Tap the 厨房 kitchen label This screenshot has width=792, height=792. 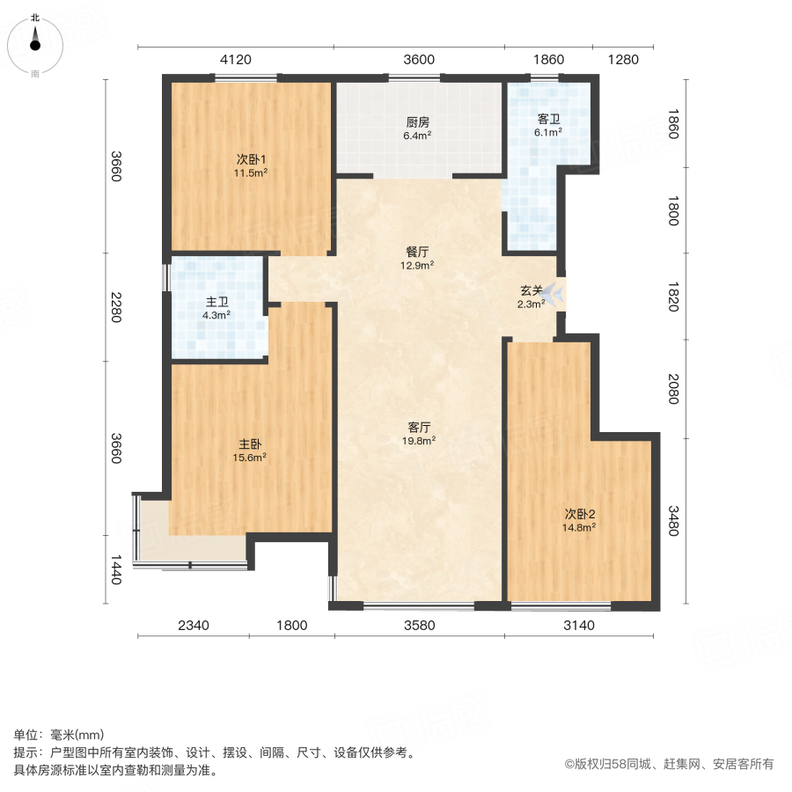coord(417,122)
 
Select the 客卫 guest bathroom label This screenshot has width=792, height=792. coord(549,118)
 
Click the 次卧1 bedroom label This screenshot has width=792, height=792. coord(251,159)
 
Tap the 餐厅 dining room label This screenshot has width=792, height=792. coord(417,251)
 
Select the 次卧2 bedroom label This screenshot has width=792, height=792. coord(581,514)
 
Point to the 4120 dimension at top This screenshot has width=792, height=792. coord(236,60)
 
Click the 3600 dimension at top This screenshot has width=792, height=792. coord(419,60)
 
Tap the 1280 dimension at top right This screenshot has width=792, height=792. coord(623,60)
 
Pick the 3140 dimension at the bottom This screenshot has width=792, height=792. coord(580,626)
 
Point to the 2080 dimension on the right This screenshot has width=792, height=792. coord(672,387)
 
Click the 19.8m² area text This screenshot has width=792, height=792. coord(420,441)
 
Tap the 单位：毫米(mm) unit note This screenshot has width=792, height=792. coord(58,736)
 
